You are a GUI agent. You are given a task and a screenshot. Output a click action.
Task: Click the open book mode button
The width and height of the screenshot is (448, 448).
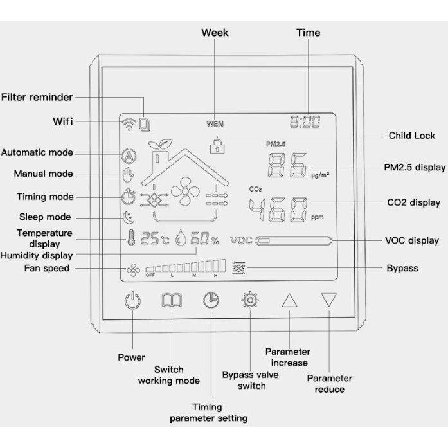[172, 300]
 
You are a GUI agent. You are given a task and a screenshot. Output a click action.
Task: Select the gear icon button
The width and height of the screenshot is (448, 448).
[250, 300]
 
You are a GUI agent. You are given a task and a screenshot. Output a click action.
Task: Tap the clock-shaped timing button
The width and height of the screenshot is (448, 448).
[211, 301]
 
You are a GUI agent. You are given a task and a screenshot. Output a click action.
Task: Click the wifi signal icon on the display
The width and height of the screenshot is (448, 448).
[129, 124]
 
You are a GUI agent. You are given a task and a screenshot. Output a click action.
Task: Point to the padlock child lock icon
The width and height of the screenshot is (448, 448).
[217, 146]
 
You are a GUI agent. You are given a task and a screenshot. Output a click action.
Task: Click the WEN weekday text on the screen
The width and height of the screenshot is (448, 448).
[215, 123]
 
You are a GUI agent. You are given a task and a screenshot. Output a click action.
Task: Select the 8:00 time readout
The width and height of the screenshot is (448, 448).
[305, 122]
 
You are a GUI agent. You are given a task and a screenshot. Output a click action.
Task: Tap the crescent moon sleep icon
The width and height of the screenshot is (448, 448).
[129, 218]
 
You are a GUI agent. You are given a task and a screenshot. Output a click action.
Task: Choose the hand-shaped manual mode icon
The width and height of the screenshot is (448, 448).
[128, 175]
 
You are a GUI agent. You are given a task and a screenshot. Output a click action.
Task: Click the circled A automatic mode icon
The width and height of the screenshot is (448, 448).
[129, 156]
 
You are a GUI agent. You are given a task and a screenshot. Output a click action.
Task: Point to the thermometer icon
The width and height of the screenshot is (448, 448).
[131, 237]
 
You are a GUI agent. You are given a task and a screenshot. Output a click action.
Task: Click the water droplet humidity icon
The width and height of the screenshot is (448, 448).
[181, 238]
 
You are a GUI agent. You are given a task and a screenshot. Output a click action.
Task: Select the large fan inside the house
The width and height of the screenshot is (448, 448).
[185, 192]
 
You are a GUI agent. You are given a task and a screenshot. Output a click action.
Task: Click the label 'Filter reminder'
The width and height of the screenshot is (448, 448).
[37, 97]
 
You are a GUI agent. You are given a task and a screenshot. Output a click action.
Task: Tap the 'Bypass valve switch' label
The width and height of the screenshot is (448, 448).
[251, 380]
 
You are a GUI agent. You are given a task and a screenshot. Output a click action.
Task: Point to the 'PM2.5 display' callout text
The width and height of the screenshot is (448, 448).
[415, 167]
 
